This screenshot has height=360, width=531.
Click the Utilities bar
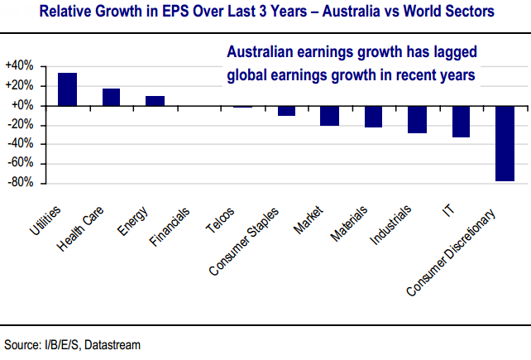pos(68,89)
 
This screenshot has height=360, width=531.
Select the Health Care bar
pos(111,97)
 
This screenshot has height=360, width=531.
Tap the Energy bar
pos(155,101)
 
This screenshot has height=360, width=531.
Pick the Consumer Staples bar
pos(286,111)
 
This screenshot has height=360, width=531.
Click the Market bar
pos(330,116)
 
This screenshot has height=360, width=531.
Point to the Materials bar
pos(374,117)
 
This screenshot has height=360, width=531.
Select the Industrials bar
pos(417,119)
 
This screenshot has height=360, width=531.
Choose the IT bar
pos(461,122)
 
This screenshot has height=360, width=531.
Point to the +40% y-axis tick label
pos(18,65)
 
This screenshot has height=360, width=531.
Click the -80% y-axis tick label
pos(20,182)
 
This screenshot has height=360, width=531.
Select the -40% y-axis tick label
pos(20,144)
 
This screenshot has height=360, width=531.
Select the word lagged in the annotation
pos(452,52)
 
